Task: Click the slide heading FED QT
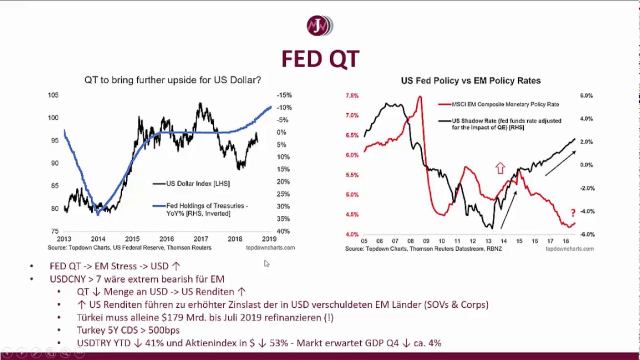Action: click(x=320, y=58)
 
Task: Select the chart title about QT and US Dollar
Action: click(x=172, y=80)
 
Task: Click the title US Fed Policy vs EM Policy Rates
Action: click(x=470, y=80)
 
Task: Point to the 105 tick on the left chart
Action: click(x=53, y=95)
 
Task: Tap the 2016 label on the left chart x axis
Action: click(x=166, y=239)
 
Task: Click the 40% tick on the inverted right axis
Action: click(x=283, y=231)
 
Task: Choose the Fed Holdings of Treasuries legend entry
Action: click(x=206, y=209)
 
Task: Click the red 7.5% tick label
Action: click(x=352, y=95)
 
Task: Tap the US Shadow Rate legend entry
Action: click(x=506, y=124)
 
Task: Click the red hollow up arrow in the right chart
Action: click(x=500, y=168)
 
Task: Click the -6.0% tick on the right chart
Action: click(x=586, y=234)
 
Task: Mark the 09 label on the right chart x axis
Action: click(x=425, y=241)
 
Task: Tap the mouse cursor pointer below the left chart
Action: click(x=266, y=263)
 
